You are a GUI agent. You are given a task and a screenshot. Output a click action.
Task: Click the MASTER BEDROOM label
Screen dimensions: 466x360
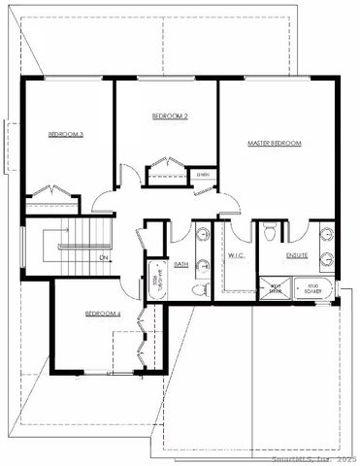pyautogui.click(x=275, y=144)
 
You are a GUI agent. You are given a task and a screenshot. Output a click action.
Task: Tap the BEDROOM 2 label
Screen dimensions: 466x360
pyautogui.click(x=170, y=116)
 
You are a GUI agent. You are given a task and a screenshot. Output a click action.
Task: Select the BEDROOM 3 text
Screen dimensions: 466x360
pyautogui.click(x=66, y=135)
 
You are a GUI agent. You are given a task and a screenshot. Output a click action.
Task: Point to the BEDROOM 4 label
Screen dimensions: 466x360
pyautogui.click(x=103, y=313)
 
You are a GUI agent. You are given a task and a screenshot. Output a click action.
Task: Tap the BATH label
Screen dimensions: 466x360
pyautogui.click(x=181, y=263)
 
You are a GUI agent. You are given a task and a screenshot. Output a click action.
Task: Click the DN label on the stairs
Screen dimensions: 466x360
pyautogui.click(x=104, y=257)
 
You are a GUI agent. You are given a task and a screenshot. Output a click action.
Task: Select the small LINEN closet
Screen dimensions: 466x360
pyautogui.click(x=204, y=175)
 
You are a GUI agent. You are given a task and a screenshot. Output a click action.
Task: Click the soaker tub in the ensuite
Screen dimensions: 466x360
pyautogui.click(x=311, y=289)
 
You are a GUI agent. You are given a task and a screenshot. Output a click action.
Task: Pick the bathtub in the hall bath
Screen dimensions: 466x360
pyautogui.click(x=155, y=279)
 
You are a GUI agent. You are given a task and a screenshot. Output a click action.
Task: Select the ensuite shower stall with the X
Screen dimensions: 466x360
pyautogui.click(x=275, y=287)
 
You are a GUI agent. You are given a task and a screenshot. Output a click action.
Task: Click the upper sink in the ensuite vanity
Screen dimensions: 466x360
pyautogui.click(x=327, y=233)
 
